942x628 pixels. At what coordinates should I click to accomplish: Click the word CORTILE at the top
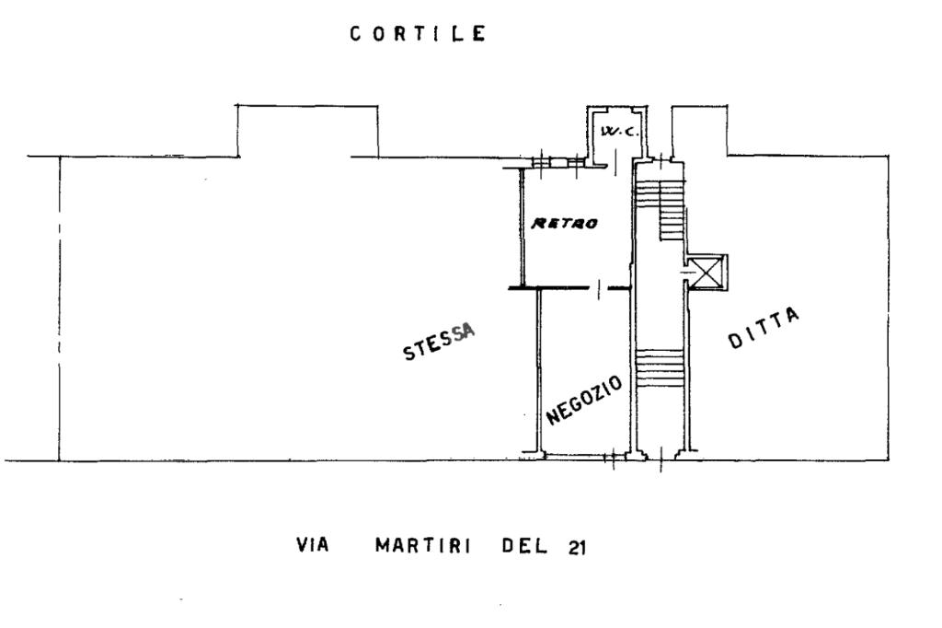[417, 35]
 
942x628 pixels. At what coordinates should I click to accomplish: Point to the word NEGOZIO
[585, 400]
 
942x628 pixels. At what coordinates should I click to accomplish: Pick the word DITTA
[764, 329]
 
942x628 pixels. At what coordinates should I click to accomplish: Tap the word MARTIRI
[423, 545]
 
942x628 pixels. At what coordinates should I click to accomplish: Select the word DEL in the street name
[523, 545]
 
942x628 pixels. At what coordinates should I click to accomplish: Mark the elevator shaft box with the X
[710, 273]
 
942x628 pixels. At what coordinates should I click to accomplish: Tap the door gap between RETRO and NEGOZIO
[599, 290]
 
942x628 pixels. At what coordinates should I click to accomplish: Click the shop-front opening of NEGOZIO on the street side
[577, 454]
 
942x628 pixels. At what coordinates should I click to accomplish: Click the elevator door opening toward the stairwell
[689, 273]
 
